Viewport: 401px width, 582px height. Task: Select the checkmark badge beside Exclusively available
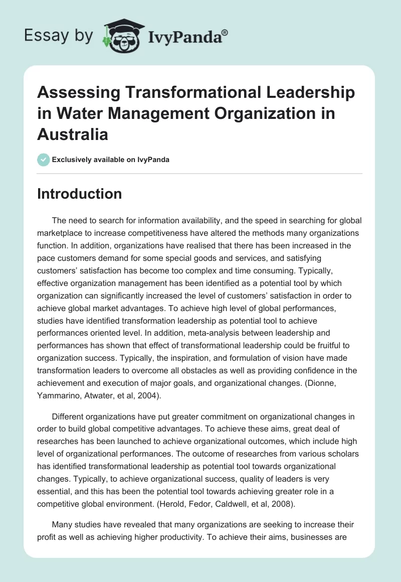click(43, 160)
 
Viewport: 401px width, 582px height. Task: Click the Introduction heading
click(79, 194)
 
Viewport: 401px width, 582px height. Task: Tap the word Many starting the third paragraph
click(63, 510)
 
